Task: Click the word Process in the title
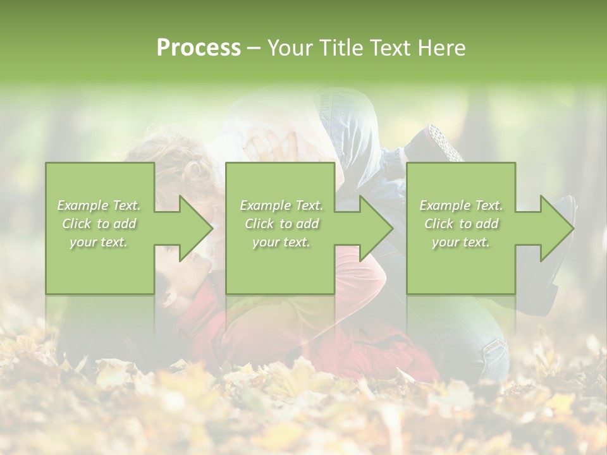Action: pos(199,47)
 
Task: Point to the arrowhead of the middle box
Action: pos(375,228)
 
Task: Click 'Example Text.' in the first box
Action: pos(99,205)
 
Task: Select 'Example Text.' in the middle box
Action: pos(281,205)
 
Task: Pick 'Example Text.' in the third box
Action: pos(461,205)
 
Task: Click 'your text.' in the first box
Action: pos(99,242)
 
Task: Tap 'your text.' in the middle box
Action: pos(281,242)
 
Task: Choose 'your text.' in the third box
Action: pos(461,242)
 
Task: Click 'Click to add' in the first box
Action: pos(99,224)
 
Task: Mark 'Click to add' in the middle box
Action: pos(281,224)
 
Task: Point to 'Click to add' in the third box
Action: pos(461,224)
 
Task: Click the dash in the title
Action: pos(254,48)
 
